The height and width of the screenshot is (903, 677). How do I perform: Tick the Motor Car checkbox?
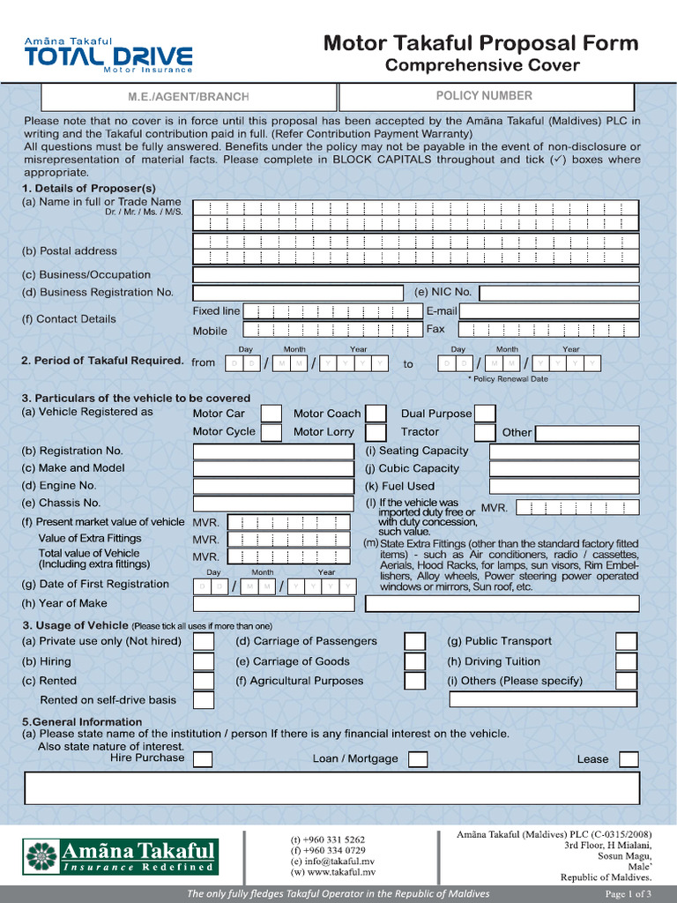272,414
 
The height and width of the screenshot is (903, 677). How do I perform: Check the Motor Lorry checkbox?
376,432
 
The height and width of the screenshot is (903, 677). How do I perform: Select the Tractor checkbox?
484,432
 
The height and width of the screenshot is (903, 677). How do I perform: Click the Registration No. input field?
273,451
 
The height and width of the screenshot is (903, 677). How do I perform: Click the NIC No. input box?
559,293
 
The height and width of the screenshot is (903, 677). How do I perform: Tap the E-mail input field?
549,311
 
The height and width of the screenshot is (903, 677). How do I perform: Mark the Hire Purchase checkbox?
203,759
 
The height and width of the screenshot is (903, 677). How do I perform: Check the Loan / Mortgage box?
418,759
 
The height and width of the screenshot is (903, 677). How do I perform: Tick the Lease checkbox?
629,759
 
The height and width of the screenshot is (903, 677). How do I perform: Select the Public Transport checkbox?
626,642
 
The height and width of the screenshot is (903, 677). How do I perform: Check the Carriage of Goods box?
414,661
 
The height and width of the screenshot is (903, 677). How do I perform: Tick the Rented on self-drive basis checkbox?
204,700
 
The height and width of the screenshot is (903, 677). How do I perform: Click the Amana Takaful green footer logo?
121,856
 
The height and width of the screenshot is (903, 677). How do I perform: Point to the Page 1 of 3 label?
629,894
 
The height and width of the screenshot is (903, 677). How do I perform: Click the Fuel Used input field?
563,486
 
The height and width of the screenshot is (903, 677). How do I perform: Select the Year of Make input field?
273,604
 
